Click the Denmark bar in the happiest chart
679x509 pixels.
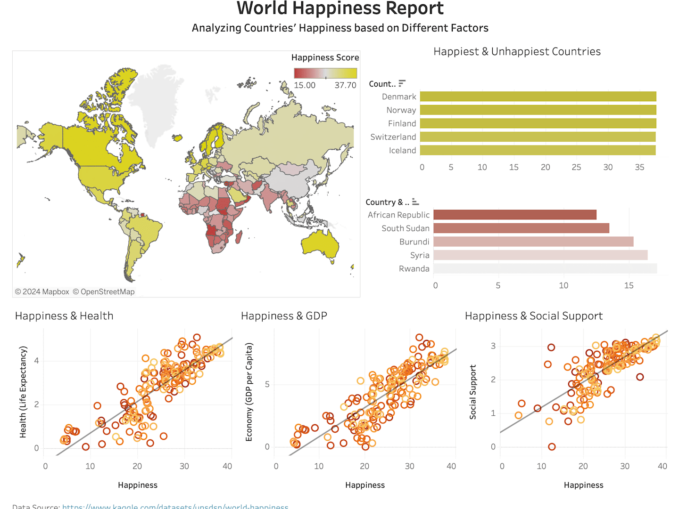[x=538, y=97]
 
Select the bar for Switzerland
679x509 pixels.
[x=538, y=137]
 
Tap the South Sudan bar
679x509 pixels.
[x=521, y=228]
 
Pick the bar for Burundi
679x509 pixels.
[x=533, y=242]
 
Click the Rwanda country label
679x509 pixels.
[x=414, y=269]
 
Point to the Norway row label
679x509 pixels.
[x=401, y=110]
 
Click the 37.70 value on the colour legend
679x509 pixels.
[x=345, y=85]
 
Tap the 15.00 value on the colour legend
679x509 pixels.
[x=305, y=85]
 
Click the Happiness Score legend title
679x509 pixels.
[x=325, y=57]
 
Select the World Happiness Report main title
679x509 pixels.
[x=339, y=8]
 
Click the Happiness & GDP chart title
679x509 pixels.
[x=284, y=316]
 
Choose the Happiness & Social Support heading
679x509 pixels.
[x=533, y=316]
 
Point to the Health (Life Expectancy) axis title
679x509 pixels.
[x=23, y=392]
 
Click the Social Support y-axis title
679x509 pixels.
[x=472, y=392]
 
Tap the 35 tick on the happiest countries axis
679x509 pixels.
[x=639, y=167]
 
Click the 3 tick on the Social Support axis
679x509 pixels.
[x=493, y=346]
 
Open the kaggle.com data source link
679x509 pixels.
[x=175, y=506]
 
